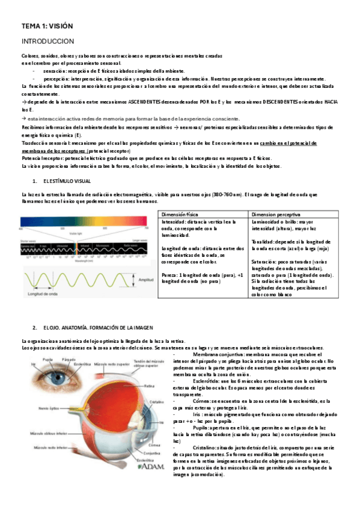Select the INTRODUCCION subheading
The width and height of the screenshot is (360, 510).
tap(47, 41)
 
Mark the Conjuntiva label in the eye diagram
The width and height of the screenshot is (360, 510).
tap(151, 453)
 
